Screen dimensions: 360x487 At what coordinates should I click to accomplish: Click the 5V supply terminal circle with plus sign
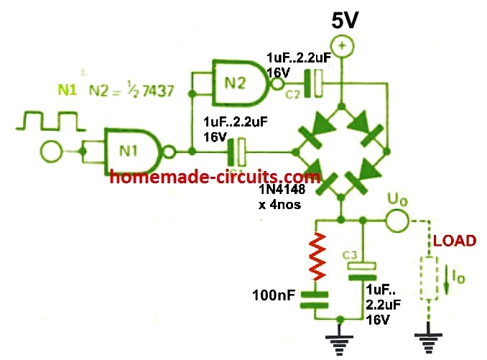tap(342, 47)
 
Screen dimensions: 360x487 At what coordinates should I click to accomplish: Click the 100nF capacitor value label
tap(271, 295)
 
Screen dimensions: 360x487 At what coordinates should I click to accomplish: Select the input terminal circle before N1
tap(50, 152)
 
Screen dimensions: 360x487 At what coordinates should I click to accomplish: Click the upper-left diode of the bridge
tap(314, 132)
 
